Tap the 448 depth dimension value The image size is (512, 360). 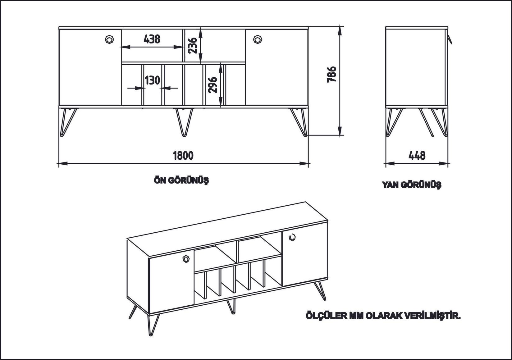(417, 155)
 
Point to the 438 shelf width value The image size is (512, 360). (152, 39)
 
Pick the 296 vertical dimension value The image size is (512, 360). (213, 85)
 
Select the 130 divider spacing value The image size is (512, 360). (152, 80)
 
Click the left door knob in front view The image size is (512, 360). (109, 40)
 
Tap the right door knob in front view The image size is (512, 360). (258, 40)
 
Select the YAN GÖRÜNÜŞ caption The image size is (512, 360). (411, 185)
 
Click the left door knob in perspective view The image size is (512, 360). (185, 259)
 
